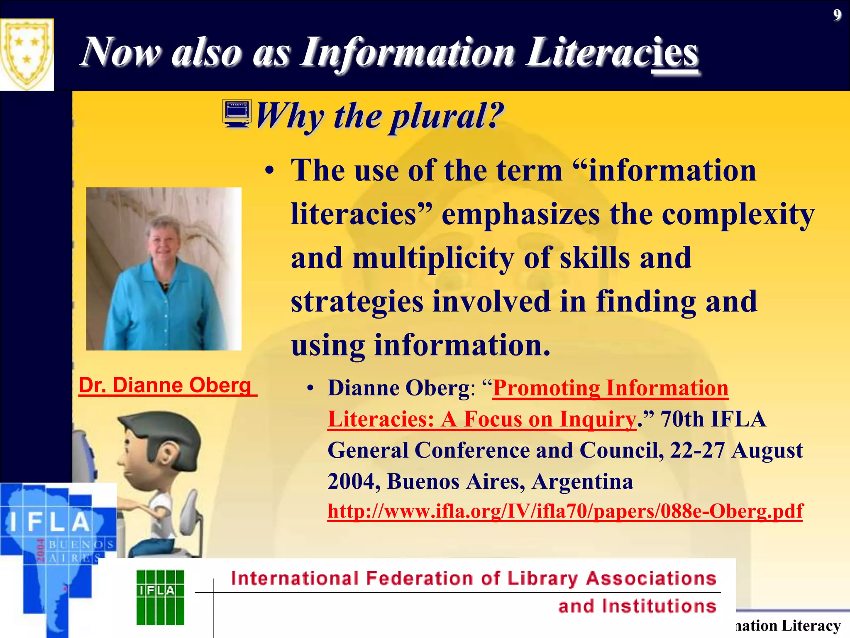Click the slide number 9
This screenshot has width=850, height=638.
837,15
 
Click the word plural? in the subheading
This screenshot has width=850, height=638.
446,116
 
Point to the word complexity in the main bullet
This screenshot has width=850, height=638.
738,215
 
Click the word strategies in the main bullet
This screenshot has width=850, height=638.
357,302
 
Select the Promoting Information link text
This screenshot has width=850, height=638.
610,388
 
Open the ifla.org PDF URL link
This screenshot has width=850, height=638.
565,511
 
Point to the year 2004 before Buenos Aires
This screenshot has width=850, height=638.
353,482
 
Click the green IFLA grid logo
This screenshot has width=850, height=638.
160,597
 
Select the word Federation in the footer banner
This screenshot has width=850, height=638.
419,579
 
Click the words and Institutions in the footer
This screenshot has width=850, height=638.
637,606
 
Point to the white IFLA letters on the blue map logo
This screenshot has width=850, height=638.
50,523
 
